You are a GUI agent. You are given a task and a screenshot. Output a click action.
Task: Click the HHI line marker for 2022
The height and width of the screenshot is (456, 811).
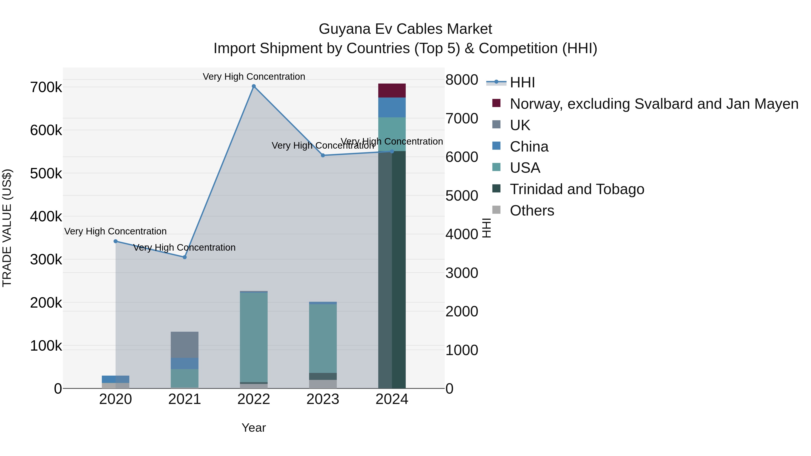click(x=254, y=86)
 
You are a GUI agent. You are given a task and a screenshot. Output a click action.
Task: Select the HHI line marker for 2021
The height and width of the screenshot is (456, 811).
click(x=185, y=257)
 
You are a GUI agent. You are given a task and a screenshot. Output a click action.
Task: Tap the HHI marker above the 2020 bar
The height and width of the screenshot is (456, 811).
click(x=116, y=241)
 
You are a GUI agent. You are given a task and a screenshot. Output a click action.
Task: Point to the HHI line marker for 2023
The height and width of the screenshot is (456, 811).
click(x=323, y=155)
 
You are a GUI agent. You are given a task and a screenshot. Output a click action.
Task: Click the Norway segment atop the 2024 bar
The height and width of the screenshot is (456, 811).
click(x=392, y=91)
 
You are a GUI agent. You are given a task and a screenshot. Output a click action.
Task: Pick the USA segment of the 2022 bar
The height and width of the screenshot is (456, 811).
click(x=254, y=337)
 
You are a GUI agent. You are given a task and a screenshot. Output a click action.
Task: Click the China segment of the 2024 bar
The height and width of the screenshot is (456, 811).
click(x=392, y=107)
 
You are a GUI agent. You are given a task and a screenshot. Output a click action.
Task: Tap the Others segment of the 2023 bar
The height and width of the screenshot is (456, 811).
click(x=323, y=384)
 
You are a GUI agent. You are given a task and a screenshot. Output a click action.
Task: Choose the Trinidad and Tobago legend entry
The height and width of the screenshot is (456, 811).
click(x=577, y=189)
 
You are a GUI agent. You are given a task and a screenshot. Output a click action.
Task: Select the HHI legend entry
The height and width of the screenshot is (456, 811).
click(x=522, y=82)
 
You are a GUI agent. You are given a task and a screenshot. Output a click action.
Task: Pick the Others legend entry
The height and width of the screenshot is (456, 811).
click(x=532, y=211)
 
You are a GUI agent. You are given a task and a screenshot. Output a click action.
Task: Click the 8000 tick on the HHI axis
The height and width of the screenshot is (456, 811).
click(x=462, y=80)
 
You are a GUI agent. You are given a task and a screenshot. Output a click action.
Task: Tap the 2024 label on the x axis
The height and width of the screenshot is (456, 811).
click(x=392, y=399)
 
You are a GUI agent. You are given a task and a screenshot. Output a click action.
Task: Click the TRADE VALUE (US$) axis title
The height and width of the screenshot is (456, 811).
click(x=7, y=228)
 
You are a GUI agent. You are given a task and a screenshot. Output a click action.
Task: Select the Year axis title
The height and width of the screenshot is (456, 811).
click(x=254, y=428)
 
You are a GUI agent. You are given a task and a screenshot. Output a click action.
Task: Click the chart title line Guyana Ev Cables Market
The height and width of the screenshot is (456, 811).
click(x=405, y=29)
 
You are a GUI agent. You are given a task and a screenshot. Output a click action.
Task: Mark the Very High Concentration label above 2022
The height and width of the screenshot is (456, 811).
click(x=254, y=77)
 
